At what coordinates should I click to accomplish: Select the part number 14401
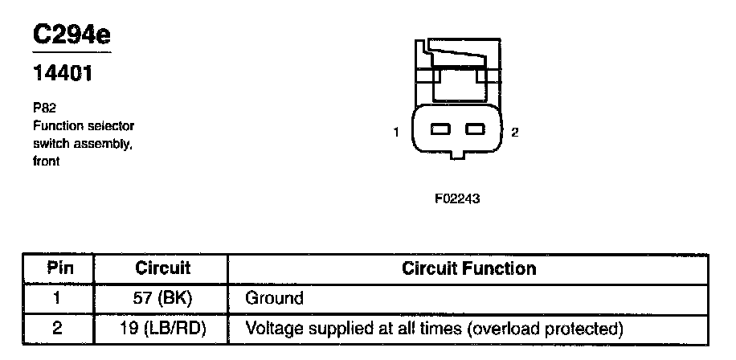point(63,75)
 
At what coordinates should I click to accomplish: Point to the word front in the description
point(47,161)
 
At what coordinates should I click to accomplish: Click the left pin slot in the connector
point(440,129)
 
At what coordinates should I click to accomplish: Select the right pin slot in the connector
point(476,129)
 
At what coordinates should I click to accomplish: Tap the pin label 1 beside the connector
point(396,132)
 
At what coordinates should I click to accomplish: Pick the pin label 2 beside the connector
point(515,132)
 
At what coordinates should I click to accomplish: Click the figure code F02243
point(457,198)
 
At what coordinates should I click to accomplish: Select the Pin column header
point(57,268)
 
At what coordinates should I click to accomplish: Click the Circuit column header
point(162,268)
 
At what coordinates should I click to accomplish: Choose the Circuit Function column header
point(469,268)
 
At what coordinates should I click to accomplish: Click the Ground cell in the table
point(274,298)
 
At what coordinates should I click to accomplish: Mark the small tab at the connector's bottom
point(457,154)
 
